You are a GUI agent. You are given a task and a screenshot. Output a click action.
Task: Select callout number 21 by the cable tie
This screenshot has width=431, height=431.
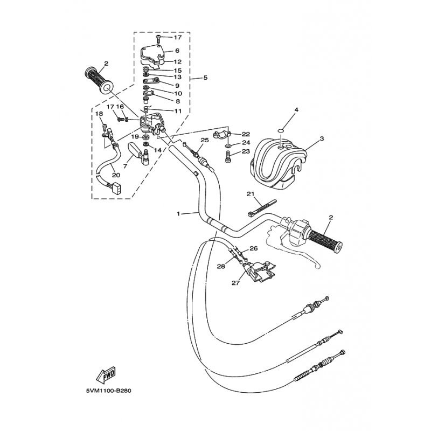(251, 194)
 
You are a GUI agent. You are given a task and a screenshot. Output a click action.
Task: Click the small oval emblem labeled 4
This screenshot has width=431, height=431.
(280, 130)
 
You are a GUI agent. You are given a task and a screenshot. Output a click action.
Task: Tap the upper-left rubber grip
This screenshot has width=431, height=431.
(99, 81)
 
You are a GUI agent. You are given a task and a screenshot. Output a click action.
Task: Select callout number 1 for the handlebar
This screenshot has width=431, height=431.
(179, 213)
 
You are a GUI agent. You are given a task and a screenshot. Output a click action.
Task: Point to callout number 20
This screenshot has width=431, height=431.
(116, 175)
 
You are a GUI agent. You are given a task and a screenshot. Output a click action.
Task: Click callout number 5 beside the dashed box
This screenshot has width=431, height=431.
(205, 78)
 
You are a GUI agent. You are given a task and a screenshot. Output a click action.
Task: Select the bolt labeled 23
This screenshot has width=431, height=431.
(228, 157)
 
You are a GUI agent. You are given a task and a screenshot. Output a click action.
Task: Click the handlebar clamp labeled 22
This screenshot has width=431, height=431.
(221, 135)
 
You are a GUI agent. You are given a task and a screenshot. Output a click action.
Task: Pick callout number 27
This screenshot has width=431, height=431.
(235, 282)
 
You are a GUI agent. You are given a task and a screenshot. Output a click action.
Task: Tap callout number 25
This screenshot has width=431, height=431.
(205, 140)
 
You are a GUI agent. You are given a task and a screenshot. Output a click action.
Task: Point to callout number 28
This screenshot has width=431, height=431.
(221, 266)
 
